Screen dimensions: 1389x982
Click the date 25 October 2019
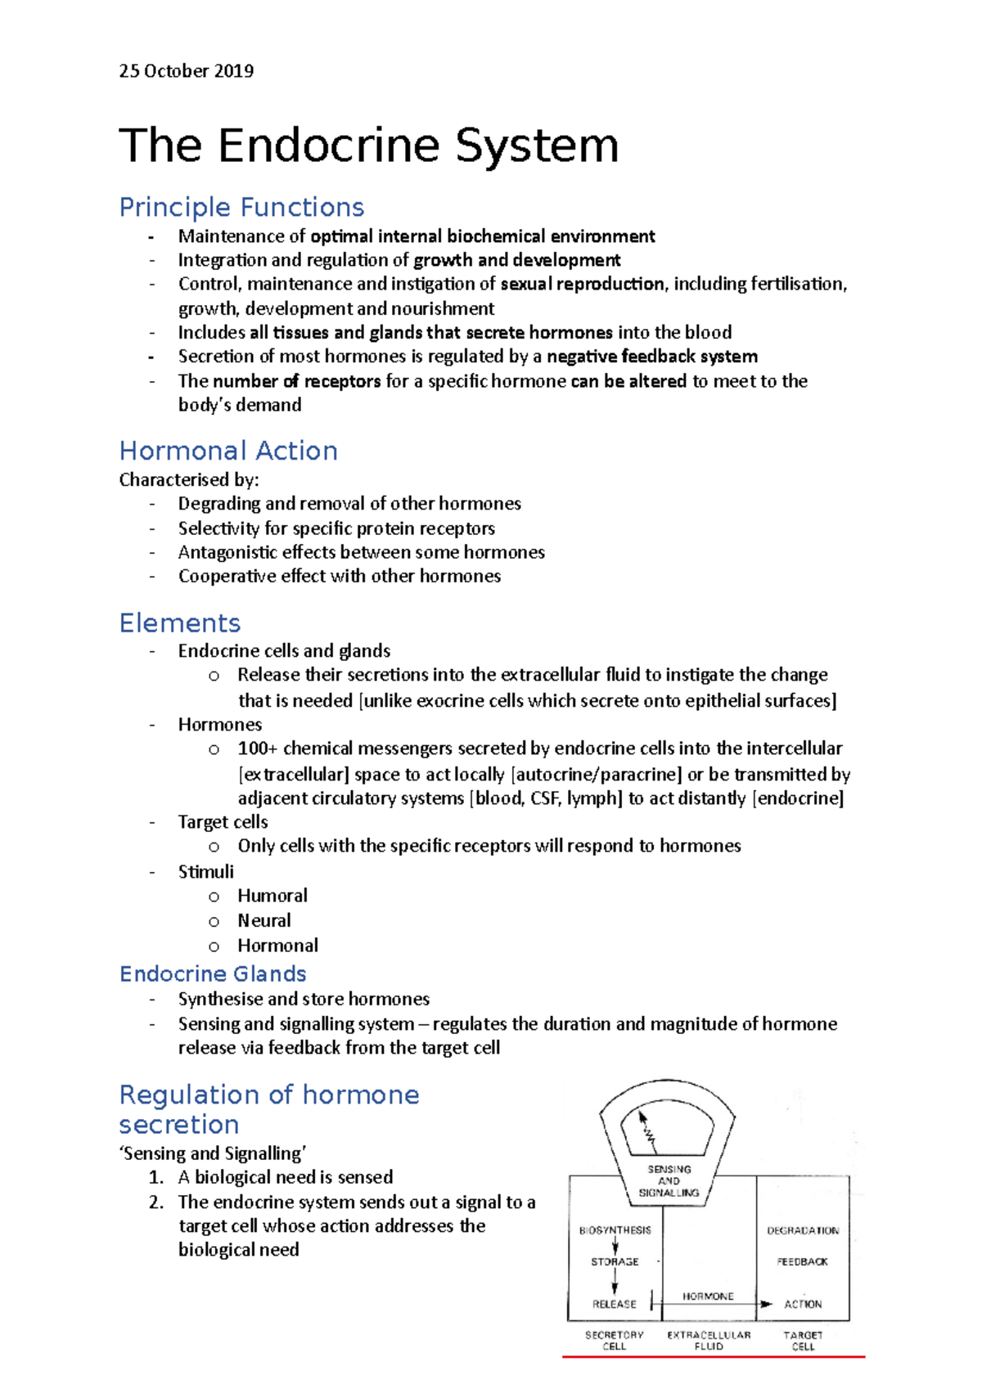186,71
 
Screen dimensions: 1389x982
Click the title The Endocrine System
368,146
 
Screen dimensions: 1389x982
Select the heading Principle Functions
241,207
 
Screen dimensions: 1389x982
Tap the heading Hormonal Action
228,451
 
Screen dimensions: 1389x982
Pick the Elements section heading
180,623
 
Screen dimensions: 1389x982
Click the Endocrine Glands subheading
213,973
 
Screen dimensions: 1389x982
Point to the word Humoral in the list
273,896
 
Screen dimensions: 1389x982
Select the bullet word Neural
264,920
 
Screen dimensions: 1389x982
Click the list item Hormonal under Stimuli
277,946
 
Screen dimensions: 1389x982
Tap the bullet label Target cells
223,822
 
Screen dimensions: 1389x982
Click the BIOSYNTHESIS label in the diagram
615,1230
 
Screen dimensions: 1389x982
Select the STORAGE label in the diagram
615,1262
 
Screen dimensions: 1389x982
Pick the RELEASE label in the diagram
614,1304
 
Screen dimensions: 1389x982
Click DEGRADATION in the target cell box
802,1230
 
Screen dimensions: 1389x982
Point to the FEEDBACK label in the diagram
802,1262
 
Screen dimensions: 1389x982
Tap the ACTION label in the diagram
802,1304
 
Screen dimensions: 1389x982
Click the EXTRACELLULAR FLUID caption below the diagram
709,1340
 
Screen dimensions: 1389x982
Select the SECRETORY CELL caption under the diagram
614,1340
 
